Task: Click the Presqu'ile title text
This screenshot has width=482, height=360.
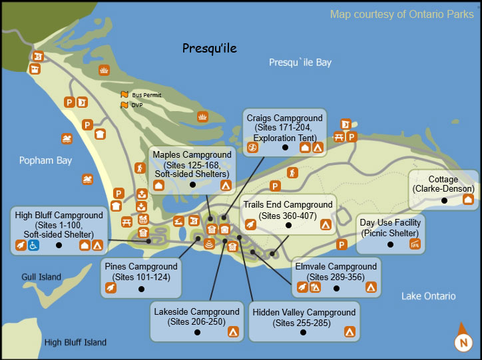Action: pyautogui.click(x=210, y=48)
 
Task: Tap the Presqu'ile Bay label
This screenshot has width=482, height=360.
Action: pyautogui.click(x=300, y=63)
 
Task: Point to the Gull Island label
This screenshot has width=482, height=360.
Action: pyautogui.click(x=41, y=277)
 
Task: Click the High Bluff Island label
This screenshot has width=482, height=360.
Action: pyautogui.click(x=75, y=343)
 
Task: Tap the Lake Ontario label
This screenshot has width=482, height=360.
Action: pyautogui.click(x=429, y=296)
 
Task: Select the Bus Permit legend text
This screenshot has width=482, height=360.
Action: pyautogui.click(x=146, y=95)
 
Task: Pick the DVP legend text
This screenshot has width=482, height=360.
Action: pyautogui.click(x=136, y=105)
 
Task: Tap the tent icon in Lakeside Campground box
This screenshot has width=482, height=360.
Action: pyautogui.click(x=232, y=331)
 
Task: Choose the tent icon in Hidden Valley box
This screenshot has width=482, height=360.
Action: pyautogui.click(x=350, y=331)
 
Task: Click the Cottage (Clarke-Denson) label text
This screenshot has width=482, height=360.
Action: pyautogui.click(x=443, y=184)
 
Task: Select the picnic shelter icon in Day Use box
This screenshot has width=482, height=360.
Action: pyautogui.click(x=415, y=245)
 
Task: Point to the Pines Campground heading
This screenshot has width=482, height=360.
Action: pyautogui.click(x=141, y=266)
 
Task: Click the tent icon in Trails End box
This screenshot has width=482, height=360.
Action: pyautogui.click(x=326, y=225)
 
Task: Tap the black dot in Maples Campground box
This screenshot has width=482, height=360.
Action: pyautogui.click(x=192, y=184)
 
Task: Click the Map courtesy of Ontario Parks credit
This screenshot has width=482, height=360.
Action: pyautogui.click(x=402, y=15)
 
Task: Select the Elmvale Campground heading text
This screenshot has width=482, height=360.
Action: pyautogui.click(x=336, y=267)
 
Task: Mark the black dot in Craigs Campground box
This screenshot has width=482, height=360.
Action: pyautogui.click(x=285, y=147)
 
